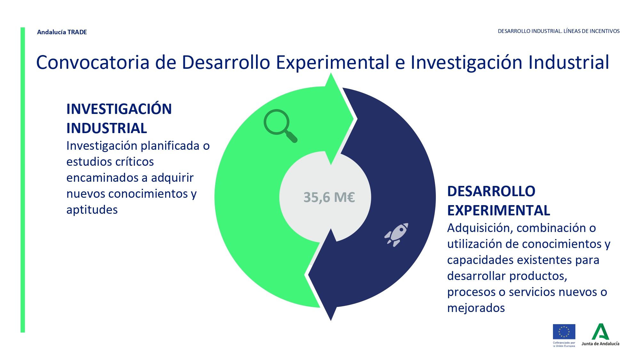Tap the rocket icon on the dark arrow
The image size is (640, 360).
[x=396, y=235]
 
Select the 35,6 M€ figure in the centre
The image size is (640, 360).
[x=329, y=197]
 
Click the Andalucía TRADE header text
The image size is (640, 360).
[x=62, y=32]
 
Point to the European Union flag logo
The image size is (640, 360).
[x=564, y=332]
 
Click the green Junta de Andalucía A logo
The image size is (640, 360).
[x=600, y=332]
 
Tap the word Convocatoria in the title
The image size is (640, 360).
[x=93, y=62]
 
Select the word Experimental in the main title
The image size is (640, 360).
[x=332, y=63]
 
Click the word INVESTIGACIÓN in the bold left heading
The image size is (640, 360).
[x=119, y=109]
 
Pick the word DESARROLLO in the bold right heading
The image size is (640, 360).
[x=491, y=191]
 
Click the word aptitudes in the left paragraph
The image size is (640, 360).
[x=92, y=210]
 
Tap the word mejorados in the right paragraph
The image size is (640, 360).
[x=476, y=308]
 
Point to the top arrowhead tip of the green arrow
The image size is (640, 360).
[x=331, y=73]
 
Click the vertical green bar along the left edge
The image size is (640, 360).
[x=23, y=180]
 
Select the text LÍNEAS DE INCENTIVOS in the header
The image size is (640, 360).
[x=591, y=31]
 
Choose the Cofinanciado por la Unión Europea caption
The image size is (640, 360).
[x=564, y=344]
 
